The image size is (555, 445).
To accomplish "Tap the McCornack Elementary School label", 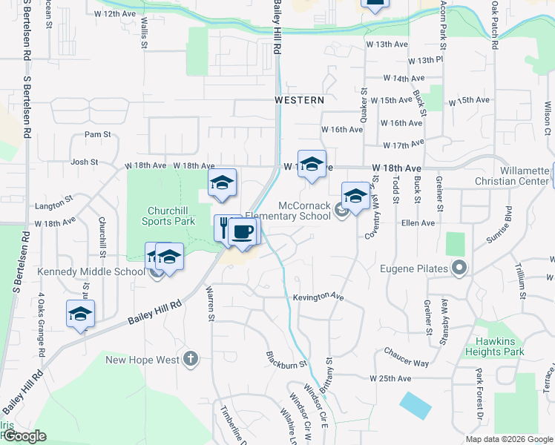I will pos(304,211).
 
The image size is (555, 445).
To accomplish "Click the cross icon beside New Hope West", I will pos(191,360).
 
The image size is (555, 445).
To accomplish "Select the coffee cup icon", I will pos(243,232).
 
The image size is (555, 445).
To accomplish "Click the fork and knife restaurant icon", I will pos(223,227).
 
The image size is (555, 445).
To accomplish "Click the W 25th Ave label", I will pos(390,378).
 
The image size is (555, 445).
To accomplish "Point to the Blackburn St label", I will pos(286,359).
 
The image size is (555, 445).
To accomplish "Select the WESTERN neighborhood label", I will pos(299,99).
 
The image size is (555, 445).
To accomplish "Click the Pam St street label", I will pos(97,134).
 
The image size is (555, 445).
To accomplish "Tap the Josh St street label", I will pos(84,162).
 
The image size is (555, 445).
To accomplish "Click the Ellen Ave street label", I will pos(418,222).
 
